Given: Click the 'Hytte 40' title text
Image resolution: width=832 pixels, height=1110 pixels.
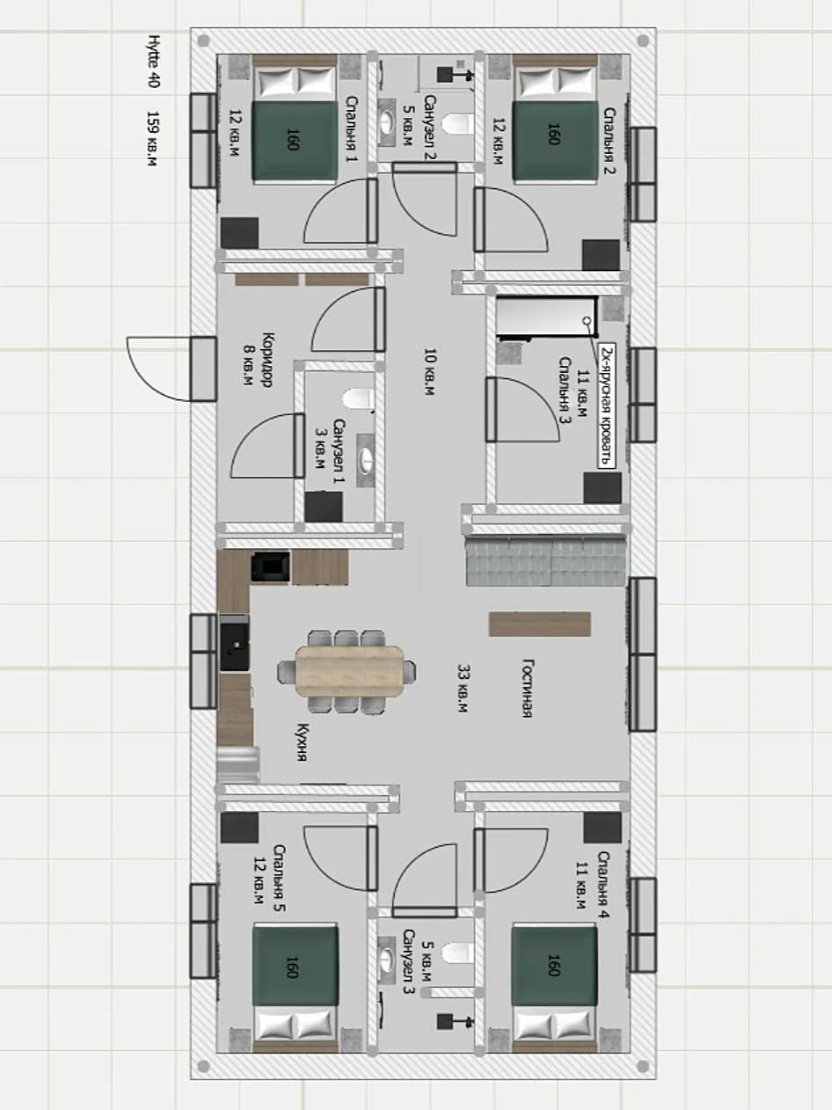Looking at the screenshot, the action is [x=154, y=62].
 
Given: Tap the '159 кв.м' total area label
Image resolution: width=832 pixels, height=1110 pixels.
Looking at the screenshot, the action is [x=153, y=139].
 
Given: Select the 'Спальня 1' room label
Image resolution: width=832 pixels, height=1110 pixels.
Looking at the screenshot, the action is [x=351, y=129].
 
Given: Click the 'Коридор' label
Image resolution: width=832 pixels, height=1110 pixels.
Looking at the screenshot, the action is [x=267, y=360].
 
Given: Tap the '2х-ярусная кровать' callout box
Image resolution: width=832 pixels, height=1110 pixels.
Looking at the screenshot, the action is [x=607, y=406].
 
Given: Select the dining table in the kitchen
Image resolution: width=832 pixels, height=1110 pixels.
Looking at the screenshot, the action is [x=350, y=671].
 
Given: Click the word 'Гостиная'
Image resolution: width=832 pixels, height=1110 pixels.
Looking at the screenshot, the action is [x=527, y=688].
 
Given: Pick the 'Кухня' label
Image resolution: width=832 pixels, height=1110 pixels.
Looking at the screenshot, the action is [x=303, y=741].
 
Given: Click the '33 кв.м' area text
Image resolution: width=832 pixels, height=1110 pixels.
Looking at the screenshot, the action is [x=463, y=688].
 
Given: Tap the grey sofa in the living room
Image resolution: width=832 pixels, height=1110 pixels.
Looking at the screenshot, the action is [x=546, y=560].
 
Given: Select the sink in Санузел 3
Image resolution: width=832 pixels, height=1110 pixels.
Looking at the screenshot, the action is [x=387, y=960].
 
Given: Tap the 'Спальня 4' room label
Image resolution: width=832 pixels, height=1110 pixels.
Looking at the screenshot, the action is [x=603, y=885].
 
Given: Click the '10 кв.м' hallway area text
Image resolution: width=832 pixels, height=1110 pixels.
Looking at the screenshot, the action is [x=429, y=372].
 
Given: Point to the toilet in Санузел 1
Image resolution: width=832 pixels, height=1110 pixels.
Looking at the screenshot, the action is [x=358, y=399].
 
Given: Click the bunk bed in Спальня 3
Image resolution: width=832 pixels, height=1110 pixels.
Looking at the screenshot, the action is [x=547, y=317].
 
